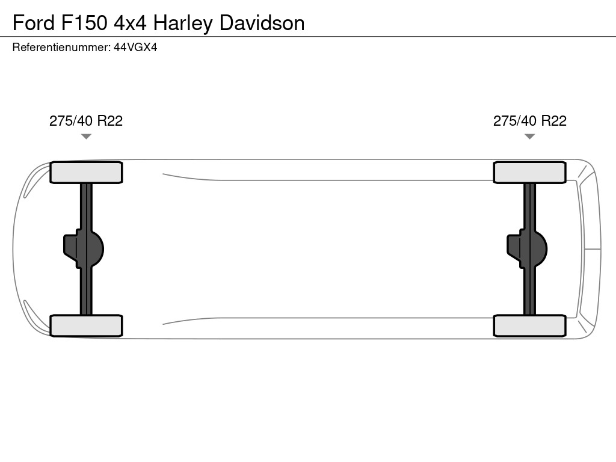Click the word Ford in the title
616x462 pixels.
pyautogui.click(x=34, y=23)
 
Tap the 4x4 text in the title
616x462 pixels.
pyautogui.click(x=130, y=23)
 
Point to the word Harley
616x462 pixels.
pyautogui.click(x=183, y=23)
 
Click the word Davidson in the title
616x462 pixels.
pyautogui.click(x=262, y=23)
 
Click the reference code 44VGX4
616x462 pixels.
pyautogui.click(x=135, y=48)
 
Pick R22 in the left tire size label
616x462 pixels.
pyautogui.click(x=110, y=121)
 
